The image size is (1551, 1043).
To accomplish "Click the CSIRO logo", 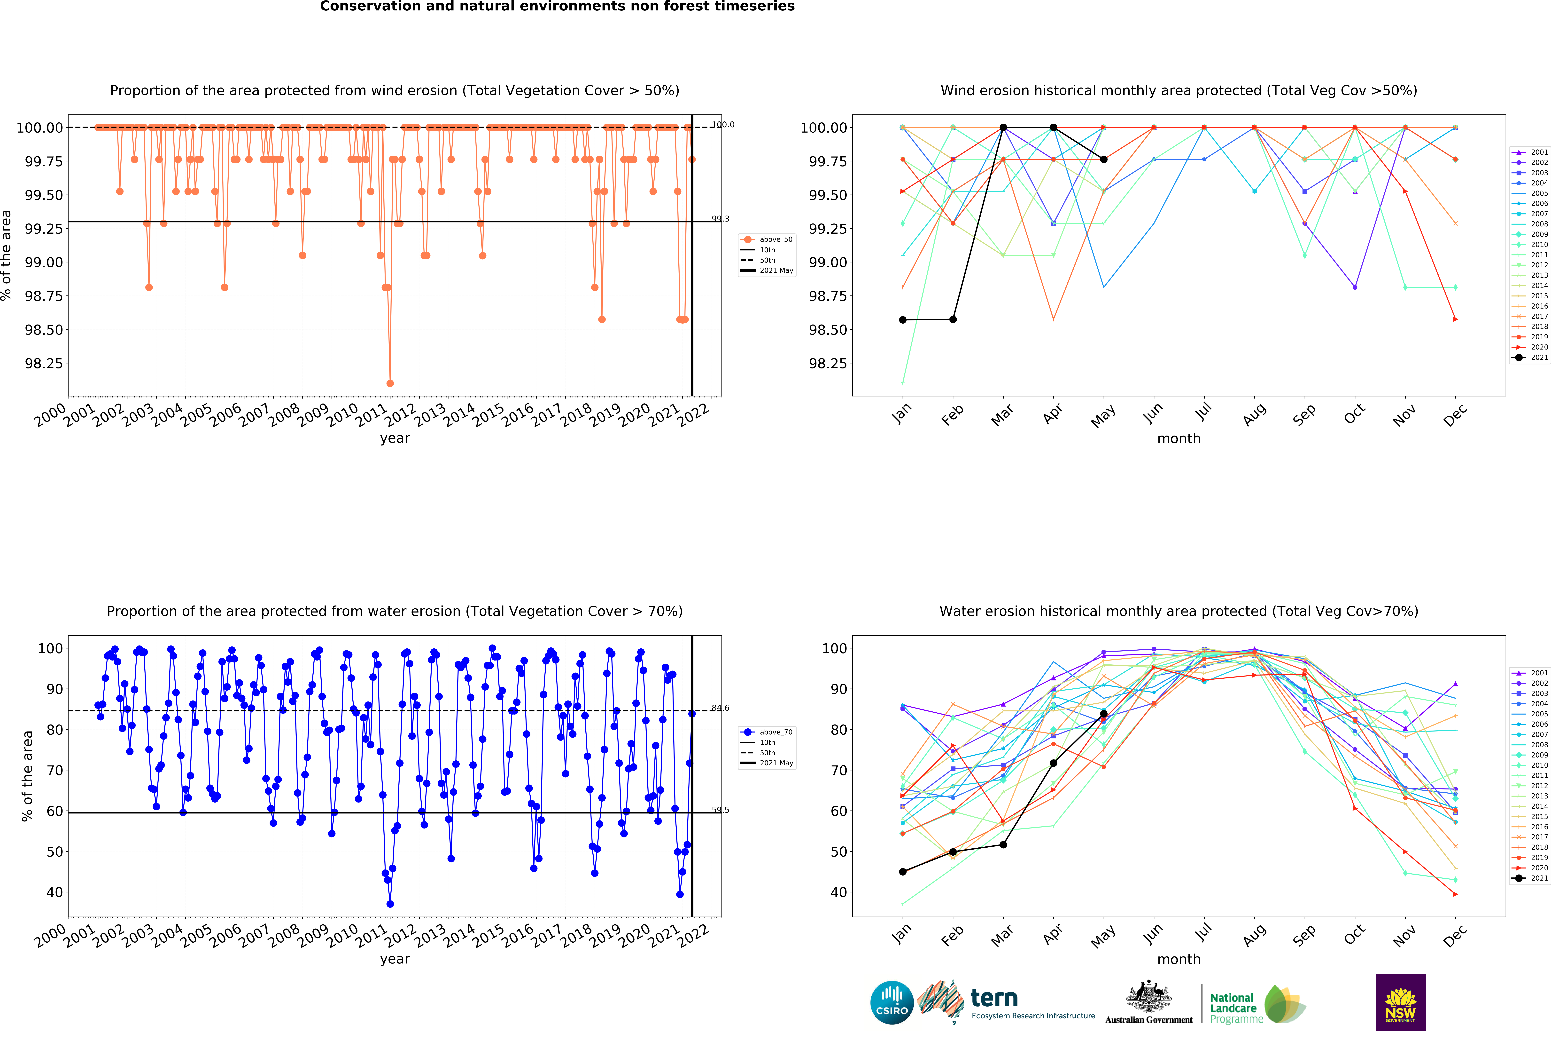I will (x=892, y=1002).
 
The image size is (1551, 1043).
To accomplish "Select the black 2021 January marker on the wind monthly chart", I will (x=903, y=320).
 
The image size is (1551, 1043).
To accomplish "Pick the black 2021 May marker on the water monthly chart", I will (x=1104, y=714).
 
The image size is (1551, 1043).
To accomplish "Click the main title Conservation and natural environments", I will (x=557, y=7).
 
